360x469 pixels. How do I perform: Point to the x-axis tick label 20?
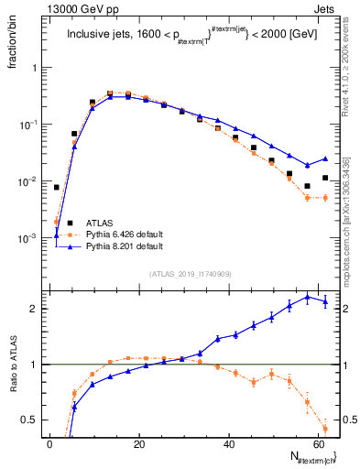(138, 444)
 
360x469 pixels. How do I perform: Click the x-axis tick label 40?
(228, 444)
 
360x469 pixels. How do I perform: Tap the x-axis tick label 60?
(317, 444)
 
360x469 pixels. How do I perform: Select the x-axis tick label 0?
(49, 444)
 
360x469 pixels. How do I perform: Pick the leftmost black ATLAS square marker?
(57, 187)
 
